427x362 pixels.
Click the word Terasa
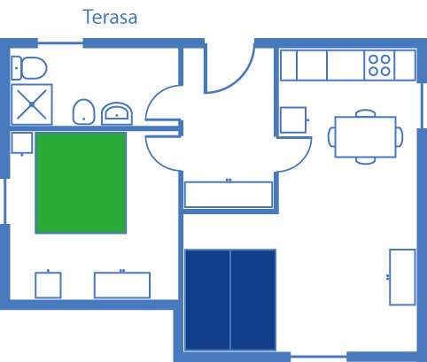point(110,17)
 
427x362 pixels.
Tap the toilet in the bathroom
point(29,68)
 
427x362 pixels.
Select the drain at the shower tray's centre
point(32,104)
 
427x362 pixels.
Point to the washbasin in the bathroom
point(117,113)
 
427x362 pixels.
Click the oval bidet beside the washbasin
point(83,112)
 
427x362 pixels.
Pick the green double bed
point(81,183)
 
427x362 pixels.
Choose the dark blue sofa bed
point(230,300)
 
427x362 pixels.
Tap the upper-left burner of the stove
point(373,59)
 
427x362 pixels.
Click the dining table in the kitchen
point(365,137)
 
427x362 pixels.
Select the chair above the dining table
point(366,113)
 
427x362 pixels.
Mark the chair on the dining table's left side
point(331,137)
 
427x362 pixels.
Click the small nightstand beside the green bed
point(21,143)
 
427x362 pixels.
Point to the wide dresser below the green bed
point(122,285)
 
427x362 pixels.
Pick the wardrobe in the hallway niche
point(229,195)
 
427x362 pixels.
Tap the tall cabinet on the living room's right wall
point(402,277)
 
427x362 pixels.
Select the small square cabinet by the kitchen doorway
point(293,119)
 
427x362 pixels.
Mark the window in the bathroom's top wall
point(60,43)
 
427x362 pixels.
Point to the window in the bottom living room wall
point(319,357)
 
